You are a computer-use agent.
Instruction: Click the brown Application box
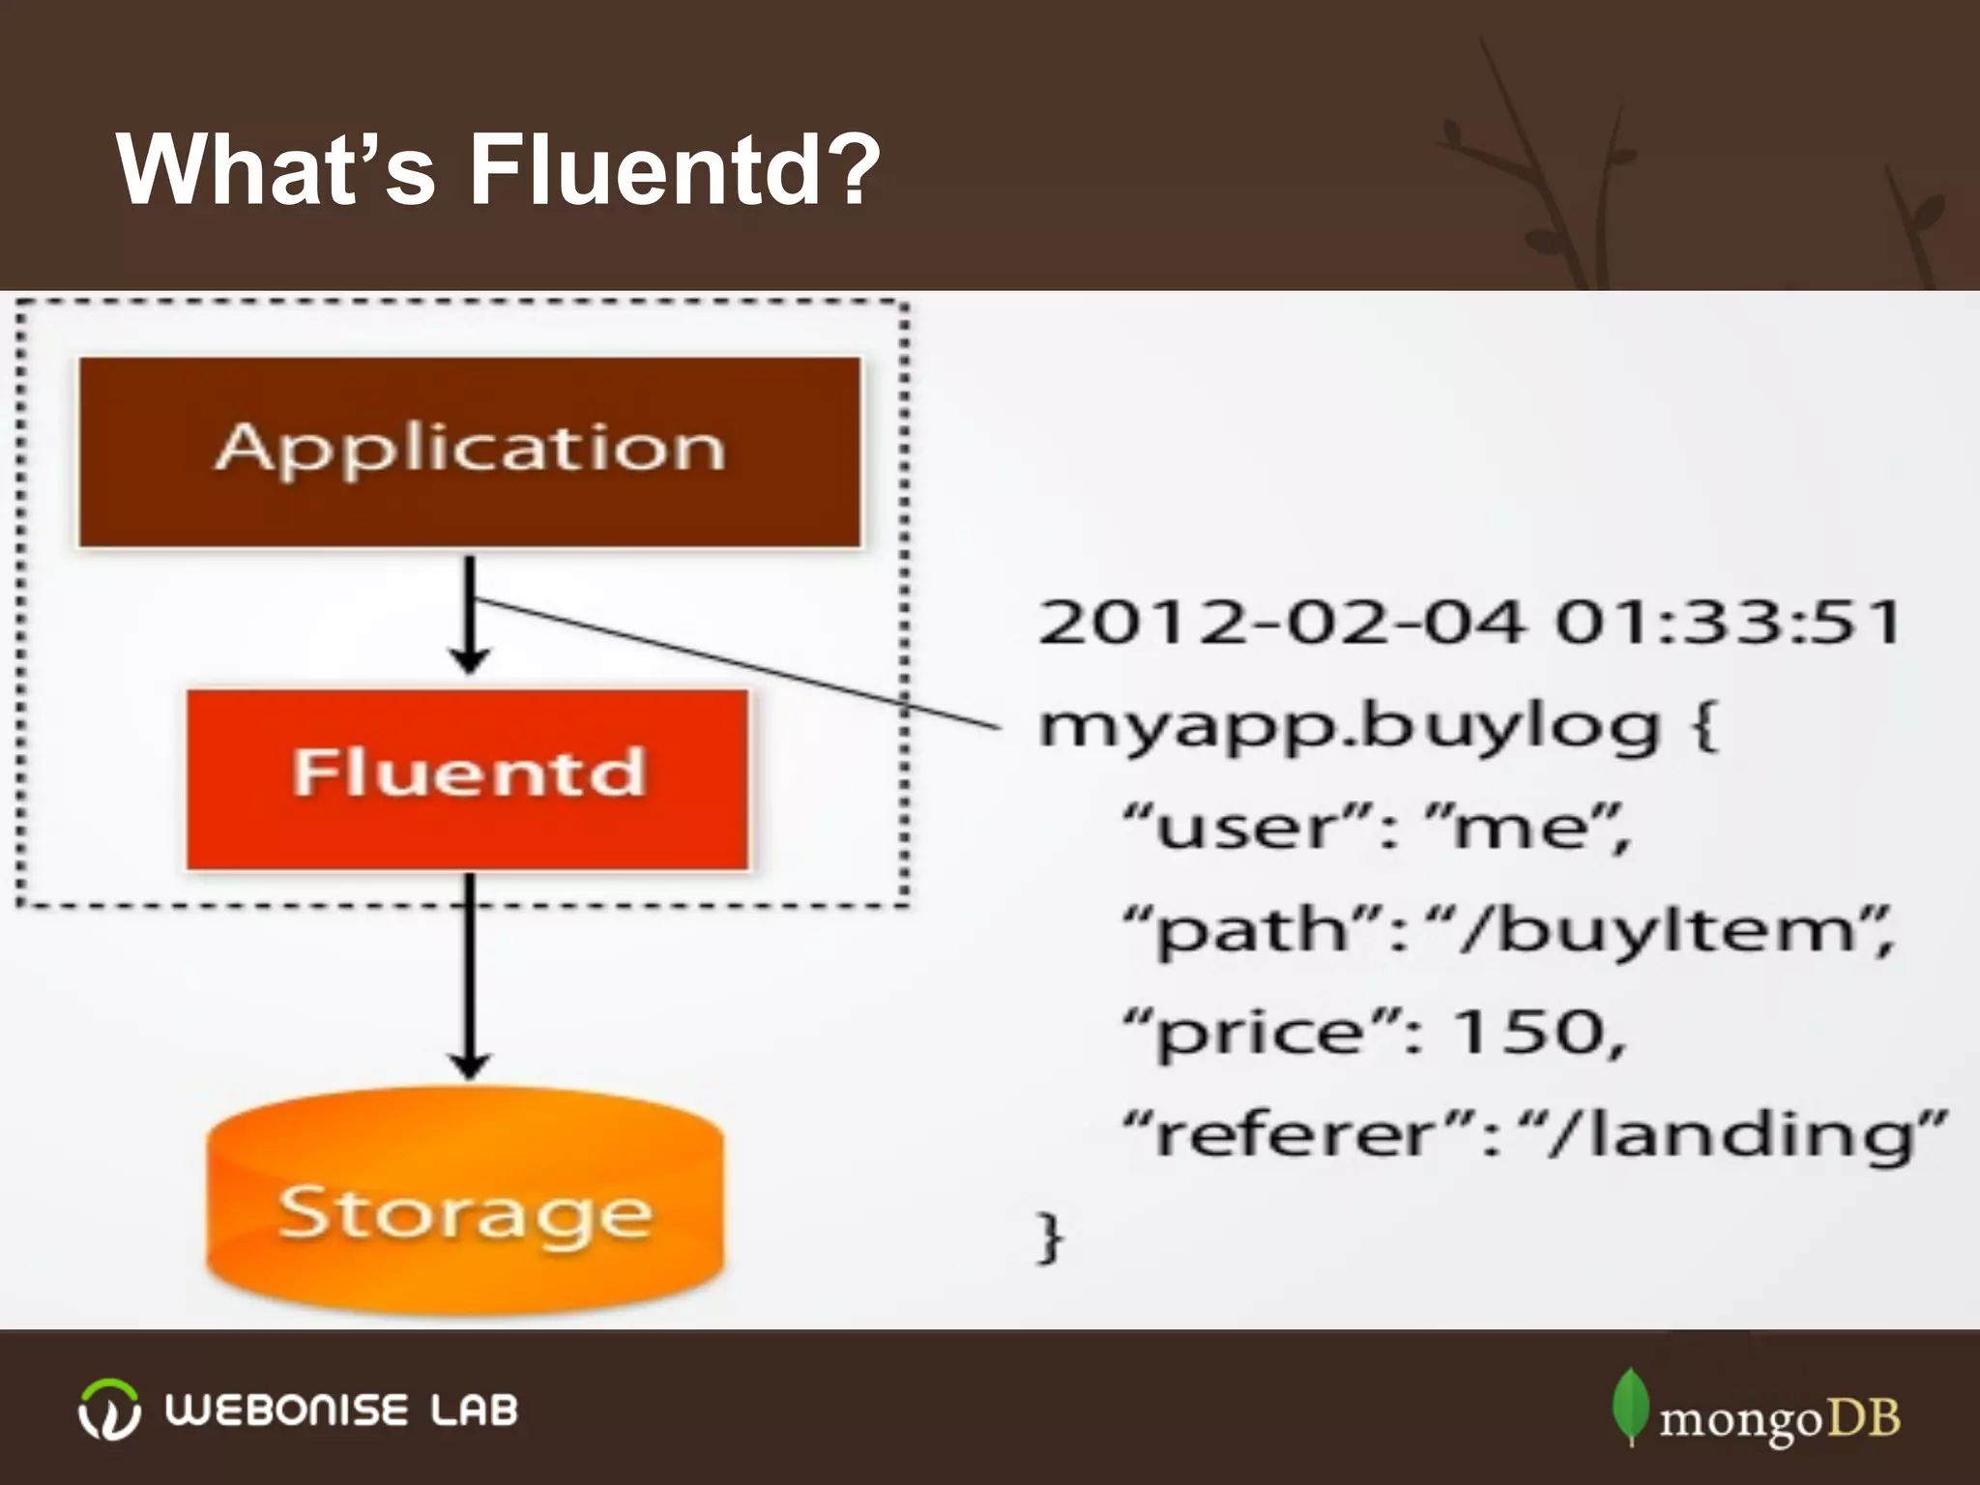point(470,451)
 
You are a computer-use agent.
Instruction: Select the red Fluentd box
point(468,778)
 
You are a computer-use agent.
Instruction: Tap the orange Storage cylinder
point(465,1204)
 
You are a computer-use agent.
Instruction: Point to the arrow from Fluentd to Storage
point(470,976)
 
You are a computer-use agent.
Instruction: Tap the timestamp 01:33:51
point(1727,623)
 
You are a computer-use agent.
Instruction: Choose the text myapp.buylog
point(1349,728)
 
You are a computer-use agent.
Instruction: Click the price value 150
point(1537,1033)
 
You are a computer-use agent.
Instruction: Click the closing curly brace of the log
point(1049,1237)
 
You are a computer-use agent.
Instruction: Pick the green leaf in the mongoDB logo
point(1630,1407)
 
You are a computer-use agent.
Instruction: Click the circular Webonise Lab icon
point(108,1409)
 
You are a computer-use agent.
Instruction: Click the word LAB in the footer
point(474,1411)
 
